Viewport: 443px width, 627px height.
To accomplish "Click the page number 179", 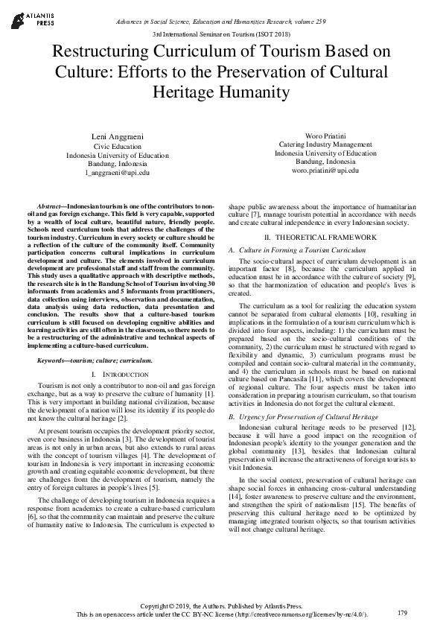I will [402, 612].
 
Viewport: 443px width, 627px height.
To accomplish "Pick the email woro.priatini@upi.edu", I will [325, 170].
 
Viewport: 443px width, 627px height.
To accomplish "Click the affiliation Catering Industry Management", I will [325, 144].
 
